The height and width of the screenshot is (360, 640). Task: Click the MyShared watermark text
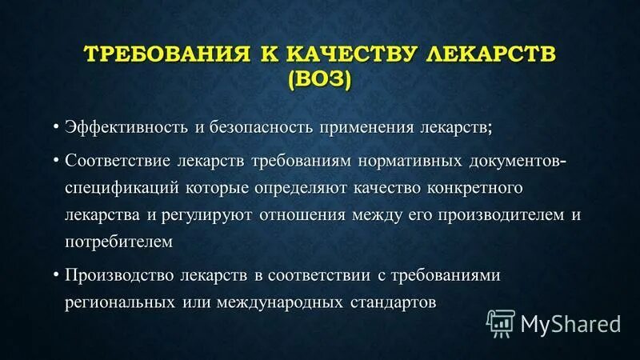coord(570,323)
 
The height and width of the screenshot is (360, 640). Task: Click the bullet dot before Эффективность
coord(57,127)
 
